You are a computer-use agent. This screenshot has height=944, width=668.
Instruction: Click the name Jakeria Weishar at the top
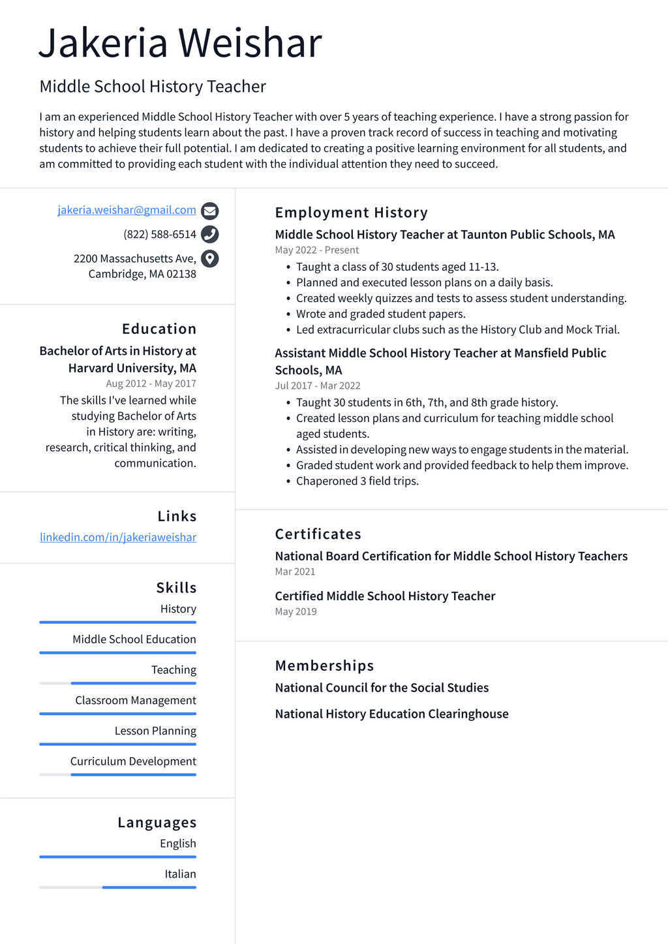pyautogui.click(x=180, y=43)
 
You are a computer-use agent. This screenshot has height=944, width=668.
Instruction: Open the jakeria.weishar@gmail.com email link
pyautogui.click(x=127, y=210)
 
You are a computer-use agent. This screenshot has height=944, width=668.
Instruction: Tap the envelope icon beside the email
pyautogui.click(x=209, y=211)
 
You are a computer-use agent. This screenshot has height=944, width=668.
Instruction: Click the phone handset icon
pyautogui.click(x=209, y=234)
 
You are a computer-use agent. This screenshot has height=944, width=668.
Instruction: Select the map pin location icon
pyautogui.click(x=209, y=259)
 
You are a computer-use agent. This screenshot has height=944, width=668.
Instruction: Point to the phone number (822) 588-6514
pyautogui.click(x=159, y=234)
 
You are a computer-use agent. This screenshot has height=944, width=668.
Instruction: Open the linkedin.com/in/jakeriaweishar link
pyautogui.click(x=118, y=538)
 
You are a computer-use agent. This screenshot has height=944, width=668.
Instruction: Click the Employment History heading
pyautogui.click(x=351, y=213)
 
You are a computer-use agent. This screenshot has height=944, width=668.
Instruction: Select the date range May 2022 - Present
pyautogui.click(x=316, y=251)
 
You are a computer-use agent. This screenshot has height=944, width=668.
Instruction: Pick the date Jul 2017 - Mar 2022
pyautogui.click(x=317, y=386)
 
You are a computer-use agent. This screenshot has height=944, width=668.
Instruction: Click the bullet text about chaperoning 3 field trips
pyautogui.click(x=357, y=481)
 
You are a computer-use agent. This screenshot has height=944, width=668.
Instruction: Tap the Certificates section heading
pyautogui.click(x=318, y=534)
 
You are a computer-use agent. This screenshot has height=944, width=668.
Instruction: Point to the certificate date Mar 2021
pyautogui.click(x=295, y=572)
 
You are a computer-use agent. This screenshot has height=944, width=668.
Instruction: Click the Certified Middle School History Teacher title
pyautogui.click(x=385, y=596)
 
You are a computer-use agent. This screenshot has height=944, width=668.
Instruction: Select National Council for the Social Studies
pyautogui.click(x=382, y=688)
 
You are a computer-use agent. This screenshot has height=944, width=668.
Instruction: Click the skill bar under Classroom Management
pyautogui.click(x=117, y=714)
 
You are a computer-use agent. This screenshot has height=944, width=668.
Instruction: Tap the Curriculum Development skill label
pyautogui.click(x=133, y=761)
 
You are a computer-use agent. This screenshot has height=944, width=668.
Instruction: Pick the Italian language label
pyautogui.click(x=180, y=874)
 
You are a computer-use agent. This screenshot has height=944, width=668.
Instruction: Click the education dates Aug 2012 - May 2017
pyautogui.click(x=151, y=384)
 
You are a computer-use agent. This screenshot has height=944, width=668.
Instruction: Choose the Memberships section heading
pyautogui.click(x=324, y=666)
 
